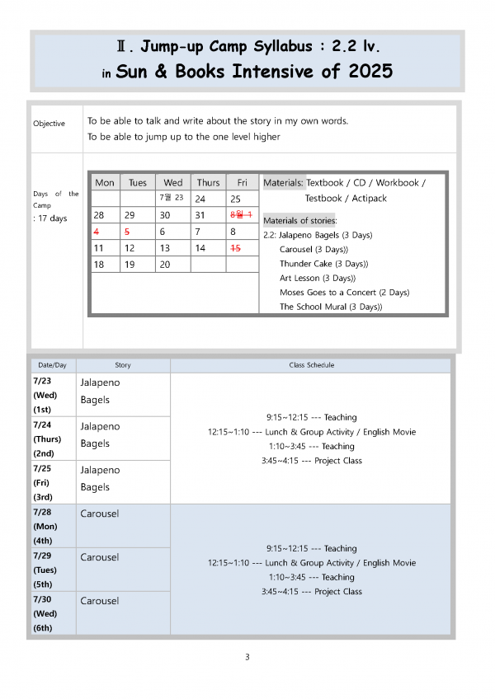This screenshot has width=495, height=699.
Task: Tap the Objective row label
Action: click(x=49, y=124)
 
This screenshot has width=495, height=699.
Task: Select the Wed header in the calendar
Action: click(x=173, y=182)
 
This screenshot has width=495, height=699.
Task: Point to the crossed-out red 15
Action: click(x=236, y=247)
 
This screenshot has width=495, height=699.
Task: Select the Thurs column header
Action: click(x=208, y=182)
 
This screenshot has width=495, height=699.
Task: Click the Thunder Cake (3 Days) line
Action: click(x=323, y=264)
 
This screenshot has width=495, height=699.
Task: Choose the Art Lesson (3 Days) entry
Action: click(x=318, y=278)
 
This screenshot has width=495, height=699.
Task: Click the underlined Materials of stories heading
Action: click(x=299, y=220)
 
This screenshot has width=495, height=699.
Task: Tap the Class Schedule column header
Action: click(x=312, y=364)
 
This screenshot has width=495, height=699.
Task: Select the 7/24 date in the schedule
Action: click(x=41, y=425)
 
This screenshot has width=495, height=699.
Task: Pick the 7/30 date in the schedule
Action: click(x=41, y=599)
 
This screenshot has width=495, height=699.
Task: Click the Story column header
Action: click(x=122, y=364)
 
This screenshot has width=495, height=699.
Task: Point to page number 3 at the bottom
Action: click(x=247, y=657)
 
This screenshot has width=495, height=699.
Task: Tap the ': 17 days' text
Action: click(x=50, y=218)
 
